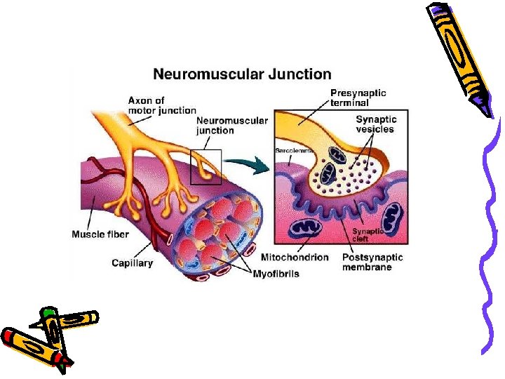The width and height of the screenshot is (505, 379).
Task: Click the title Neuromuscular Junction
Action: click(242, 74)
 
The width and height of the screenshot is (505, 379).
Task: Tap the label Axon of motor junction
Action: click(161, 105)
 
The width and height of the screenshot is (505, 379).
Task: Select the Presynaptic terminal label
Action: click(358, 98)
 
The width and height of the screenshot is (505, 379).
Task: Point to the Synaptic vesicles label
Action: click(375, 124)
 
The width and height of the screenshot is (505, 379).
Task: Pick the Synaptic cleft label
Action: click(368, 234)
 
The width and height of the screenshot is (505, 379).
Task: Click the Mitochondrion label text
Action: click(294, 258)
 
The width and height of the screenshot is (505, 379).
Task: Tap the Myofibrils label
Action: click(276, 274)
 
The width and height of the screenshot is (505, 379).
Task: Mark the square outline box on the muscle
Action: click(206, 167)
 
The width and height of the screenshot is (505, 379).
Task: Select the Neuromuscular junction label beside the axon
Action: click(231, 125)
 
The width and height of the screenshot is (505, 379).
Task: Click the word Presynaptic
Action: click(358, 93)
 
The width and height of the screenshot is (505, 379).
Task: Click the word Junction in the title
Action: click(302, 74)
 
